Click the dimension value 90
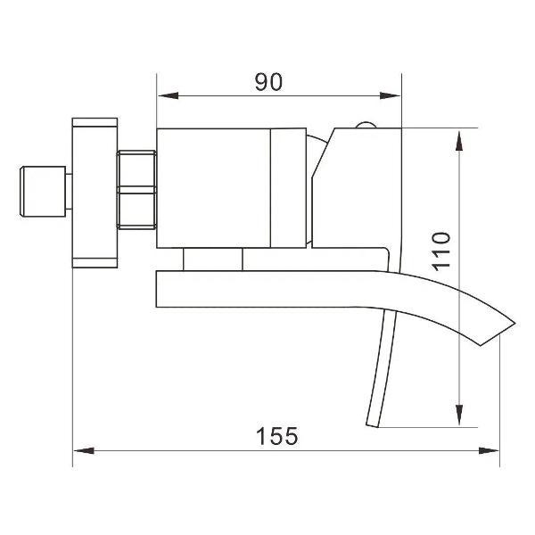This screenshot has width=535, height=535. [x=269, y=82]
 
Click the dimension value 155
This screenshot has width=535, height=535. [x=277, y=436]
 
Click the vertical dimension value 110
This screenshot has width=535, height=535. [x=440, y=251]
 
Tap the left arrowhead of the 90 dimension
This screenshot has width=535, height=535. [x=168, y=95]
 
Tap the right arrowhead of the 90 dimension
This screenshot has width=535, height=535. [x=390, y=95]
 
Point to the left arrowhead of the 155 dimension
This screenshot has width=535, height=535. [x=84, y=450]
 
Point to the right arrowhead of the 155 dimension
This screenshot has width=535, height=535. [x=489, y=450]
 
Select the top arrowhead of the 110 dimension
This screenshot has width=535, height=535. [x=459, y=140]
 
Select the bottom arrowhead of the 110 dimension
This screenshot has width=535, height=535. [x=459, y=415]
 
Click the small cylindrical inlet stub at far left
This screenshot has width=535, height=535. [x=43, y=191]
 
